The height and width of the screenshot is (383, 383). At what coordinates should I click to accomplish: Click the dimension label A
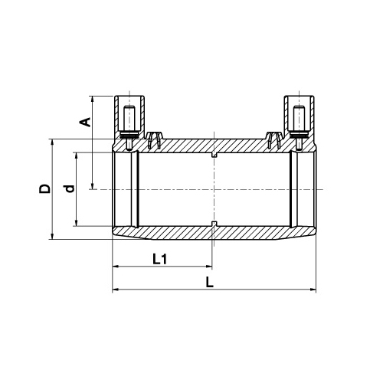coord(87,122)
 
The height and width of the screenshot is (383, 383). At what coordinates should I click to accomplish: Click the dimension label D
coord(44,188)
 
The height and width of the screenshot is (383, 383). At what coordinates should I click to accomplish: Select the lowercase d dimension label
coord(70,188)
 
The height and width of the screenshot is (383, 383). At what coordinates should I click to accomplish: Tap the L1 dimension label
coord(160,259)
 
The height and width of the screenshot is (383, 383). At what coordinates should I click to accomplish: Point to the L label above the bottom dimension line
coord(210,283)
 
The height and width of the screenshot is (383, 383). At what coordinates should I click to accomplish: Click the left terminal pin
coord(129,128)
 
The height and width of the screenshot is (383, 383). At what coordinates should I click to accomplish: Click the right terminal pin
coord(299,128)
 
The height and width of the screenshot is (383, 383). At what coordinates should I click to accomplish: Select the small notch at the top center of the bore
coord(214,155)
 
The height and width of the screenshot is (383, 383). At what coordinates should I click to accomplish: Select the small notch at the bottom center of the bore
coord(214,224)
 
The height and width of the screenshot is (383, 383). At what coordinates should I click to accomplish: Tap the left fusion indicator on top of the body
coord(154,140)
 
